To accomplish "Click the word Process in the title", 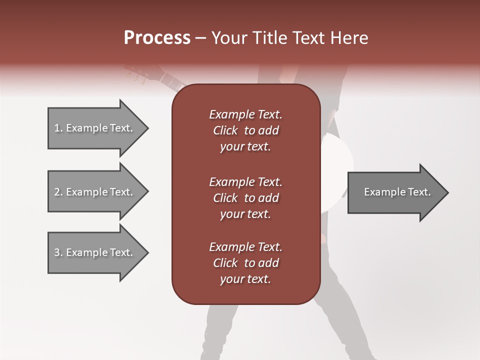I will (157, 37).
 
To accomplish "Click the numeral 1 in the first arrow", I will (57, 128).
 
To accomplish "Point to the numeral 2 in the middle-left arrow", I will (57, 192).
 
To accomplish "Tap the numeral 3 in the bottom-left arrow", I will (57, 252).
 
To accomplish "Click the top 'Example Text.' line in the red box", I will (245, 114).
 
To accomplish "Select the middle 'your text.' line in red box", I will (245, 214).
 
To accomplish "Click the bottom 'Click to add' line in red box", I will (245, 263).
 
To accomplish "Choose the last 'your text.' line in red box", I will (245, 279).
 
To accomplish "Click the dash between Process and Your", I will (200, 38).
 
